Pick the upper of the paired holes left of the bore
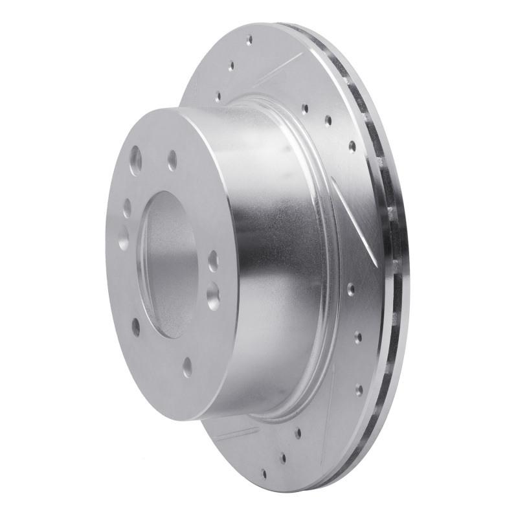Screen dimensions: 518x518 point(128,207)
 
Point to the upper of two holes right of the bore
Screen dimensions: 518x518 point(214,262)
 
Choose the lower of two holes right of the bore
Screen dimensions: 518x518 point(212,295)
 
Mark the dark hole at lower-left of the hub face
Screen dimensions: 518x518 point(135,327)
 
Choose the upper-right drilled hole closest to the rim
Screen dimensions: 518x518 point(352,146)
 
